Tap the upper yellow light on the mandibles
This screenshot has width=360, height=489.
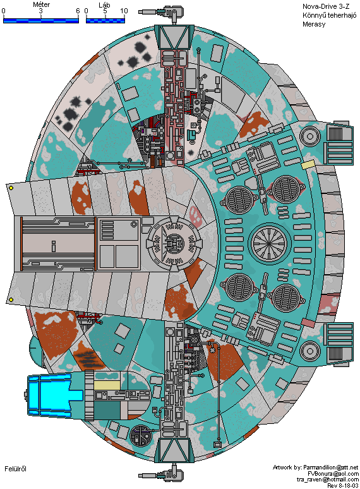coord(11,188)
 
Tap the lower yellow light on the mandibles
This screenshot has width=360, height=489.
coord(11,299)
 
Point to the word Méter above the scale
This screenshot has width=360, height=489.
coord(42,4)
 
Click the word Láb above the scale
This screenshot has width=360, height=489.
coord(104,4)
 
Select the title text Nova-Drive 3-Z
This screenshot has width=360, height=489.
coord(326,6)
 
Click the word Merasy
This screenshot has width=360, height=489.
coord(313,24)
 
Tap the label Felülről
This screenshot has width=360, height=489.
coord(15,469)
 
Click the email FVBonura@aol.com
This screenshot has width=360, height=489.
coord(333,473)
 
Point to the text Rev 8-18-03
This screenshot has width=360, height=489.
coord(342,486)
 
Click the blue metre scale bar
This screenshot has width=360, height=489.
coord(41,21)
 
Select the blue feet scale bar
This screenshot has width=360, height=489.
coord(105,21)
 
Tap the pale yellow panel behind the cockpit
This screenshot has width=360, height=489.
coord(107,385)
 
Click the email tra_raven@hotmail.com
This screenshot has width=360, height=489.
coord(328,480)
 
